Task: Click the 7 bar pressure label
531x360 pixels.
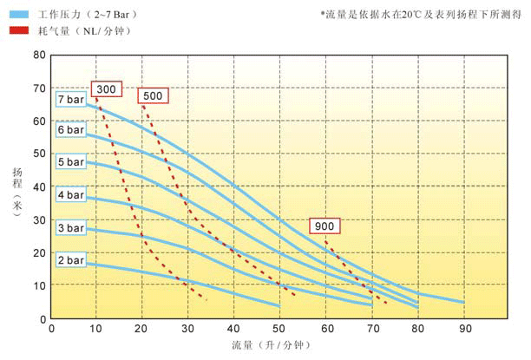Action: pyautogui.click(x=70, y=99)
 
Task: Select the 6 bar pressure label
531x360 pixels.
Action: pyautogui.click(x=70, y=130)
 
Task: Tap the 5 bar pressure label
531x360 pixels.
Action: pyautogui.click(x=70, y=162)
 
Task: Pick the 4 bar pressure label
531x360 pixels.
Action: pyautogui.click(x=70, y=195)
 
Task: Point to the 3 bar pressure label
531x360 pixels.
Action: pyautogui.click(x=70, y=228)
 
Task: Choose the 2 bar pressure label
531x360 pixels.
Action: pyautogui.click(x=70, y=260)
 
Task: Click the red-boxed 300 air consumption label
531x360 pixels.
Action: pyautogui.click(x=107, y=89)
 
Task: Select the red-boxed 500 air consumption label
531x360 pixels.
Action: pyautogui.click(x=152, y=95)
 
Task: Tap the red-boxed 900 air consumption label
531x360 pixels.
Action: pyautogui.click(x=325, y=226)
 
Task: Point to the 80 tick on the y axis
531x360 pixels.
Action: pyautogui.click(x=39, y=55)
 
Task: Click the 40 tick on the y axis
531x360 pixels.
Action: pyautogui.click(x=39, y=187)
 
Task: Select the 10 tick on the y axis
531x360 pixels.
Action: pyautogui.click(x=39, y=285)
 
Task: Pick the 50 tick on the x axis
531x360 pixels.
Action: pyautogui.click(x=280, y=329)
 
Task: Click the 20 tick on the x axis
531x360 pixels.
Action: pyautogui.click(x=142, y=329)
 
